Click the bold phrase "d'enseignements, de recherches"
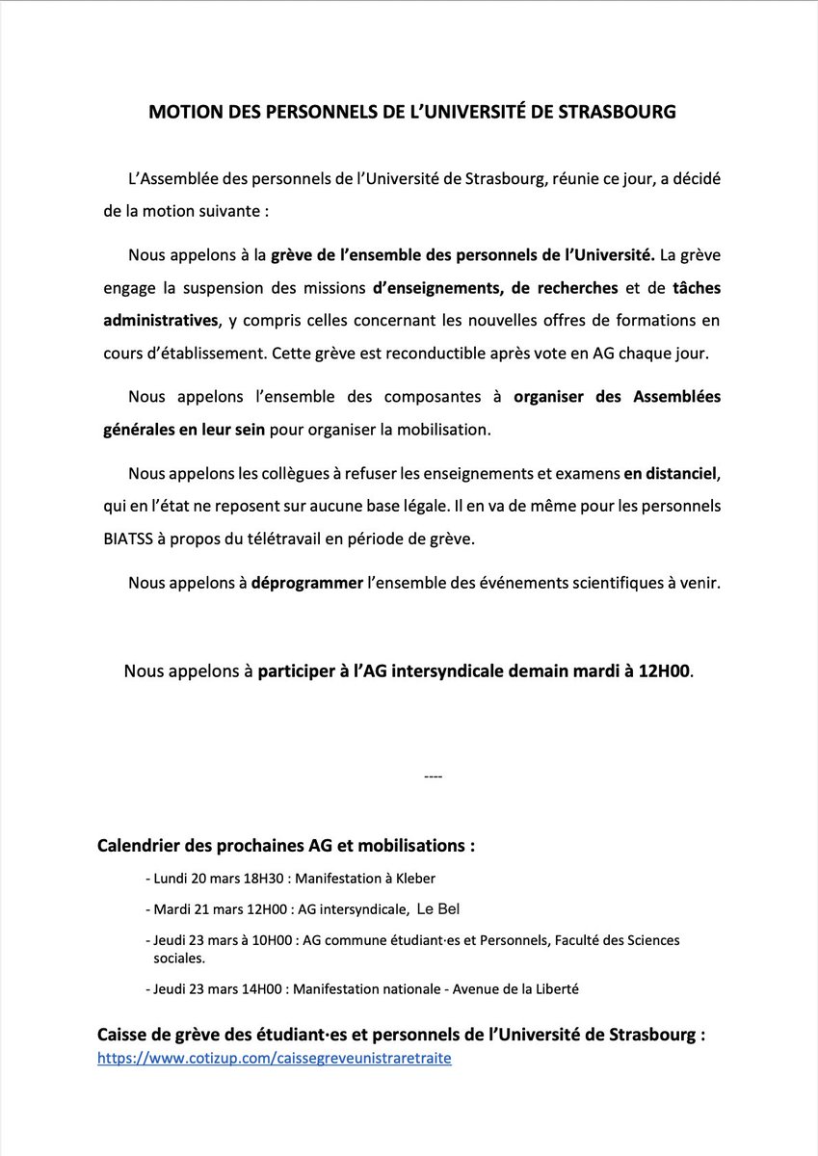[495, 287]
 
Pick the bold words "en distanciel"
[671, 473]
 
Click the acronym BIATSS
[131, 539]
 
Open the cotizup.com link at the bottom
[275, 1058]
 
